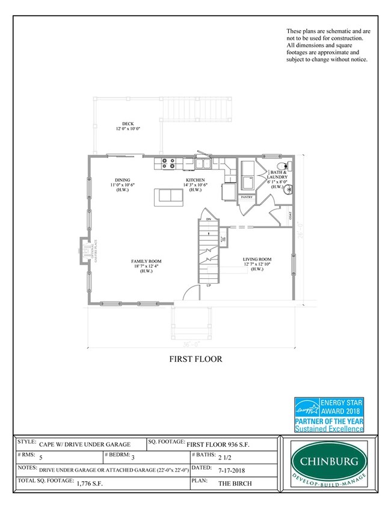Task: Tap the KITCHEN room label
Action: coord(195,180)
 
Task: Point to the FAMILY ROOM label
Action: coord(147,261)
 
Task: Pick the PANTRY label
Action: coord(245,197)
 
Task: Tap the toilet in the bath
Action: coord(282,166)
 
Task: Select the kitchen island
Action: coord(168,196)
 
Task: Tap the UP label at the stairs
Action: coord(209,285)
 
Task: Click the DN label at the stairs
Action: coord(209,219)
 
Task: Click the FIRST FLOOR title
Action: coord(195,359)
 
